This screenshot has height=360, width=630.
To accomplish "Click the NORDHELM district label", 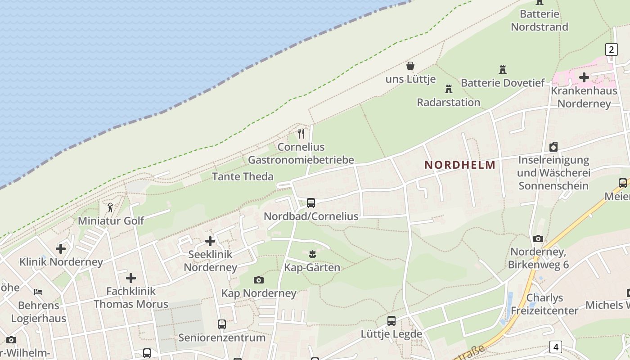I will pyautogui.click(x=459, y=165).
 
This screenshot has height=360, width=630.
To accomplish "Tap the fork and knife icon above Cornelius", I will pyautogui.click(x=301, y=133).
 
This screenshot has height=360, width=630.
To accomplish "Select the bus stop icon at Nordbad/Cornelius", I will pyautogui.click(x=311, y=203).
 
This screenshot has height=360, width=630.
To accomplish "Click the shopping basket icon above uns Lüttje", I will pyautogui.click(x=410, y=66).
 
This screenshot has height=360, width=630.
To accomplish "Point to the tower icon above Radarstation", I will pyautogui.click(x=448, y=89).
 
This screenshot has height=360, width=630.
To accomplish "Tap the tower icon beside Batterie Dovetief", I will pyautogui.click(x=503, y=70).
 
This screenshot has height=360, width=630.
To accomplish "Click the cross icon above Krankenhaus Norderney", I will pyautogui.click(x=584, y=77).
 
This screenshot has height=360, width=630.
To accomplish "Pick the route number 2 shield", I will pyautogui.click(x=611, y=49).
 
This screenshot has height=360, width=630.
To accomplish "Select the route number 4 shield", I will pyautogui.click(x=556, y=347).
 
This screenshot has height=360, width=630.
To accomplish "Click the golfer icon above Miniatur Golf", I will pyautogui.click(x=111, y=207).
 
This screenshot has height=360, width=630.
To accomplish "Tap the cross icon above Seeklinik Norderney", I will pyautogui.click(x=210, y=241).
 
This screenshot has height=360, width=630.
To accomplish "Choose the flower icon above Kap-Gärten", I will pyautogui.click(x=312, y=255).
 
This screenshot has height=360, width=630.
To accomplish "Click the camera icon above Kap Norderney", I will pyautogui.click(x=258, y=280).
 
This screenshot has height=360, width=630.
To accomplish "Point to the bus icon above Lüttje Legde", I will pyautogui.click(x=391, y=321).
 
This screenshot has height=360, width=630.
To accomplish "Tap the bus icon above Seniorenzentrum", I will pyautogui.click(x=221, y=324).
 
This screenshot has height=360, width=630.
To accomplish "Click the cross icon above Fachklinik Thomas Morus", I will pyautogui.click(x=130, y=278).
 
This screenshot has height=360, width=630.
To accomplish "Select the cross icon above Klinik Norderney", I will pyautogui.click(x=61, y=248).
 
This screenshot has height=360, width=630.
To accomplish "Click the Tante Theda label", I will pyautogui.click(x=243, y=176).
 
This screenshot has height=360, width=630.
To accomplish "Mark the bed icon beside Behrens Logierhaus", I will pyautogui.click(x=38, y=292).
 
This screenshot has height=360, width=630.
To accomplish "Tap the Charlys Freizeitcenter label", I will pyautogui.click(x=544, y=304).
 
